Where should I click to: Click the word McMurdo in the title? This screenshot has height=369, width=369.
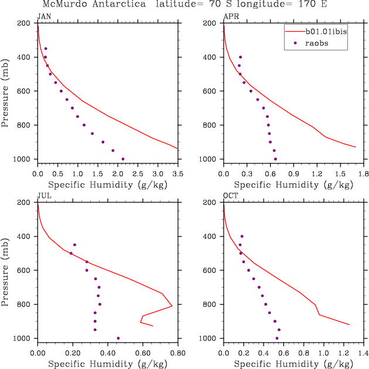pyautogui.click(x=64, y=4)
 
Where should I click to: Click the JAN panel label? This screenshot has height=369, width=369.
pyautogui.click(x=44, y=16)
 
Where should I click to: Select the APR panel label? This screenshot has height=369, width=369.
pyautogui.click(x=230, y=16)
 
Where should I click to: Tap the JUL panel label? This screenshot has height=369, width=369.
pyautogui.click(x=44, y=196)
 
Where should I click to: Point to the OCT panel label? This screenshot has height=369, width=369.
pyautogui.click(x=230, y=196)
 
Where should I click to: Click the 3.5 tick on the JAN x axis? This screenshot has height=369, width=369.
pyautogui.click(x=177, y=174)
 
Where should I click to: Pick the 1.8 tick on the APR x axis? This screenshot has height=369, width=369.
pyautogui.click(x=363, y=174)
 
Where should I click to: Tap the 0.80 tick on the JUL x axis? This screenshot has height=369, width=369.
pyautogui.click(x=177, y=353)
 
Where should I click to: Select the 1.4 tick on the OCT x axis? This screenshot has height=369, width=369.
pyautogui.click(x=363, y=353)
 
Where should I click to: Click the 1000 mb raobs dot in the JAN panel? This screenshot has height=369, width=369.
pyautogui.click(x=122, y=159)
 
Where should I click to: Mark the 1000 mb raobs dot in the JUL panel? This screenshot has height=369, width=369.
pyautogui.click(x=118, y=338)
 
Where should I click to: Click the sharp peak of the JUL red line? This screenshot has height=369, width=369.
pyautogui.click(x=172, y=306)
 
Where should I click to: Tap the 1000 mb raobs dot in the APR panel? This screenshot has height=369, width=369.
pyautogui.click(x=275, y=159)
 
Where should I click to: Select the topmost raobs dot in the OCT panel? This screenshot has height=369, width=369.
pyautogui.click(x=242, y=236)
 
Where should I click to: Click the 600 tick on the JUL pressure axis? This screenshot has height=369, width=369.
pyautogui.click(x=26, y=270)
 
